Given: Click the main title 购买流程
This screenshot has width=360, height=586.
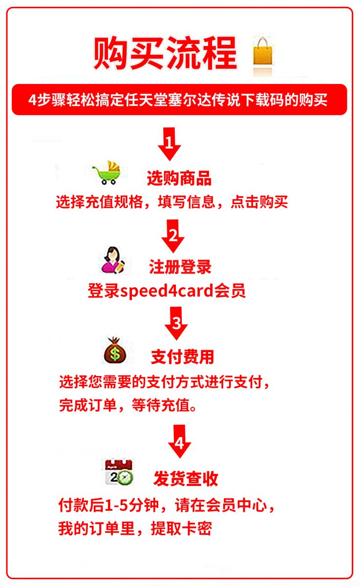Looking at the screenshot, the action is click(x=166, y=53).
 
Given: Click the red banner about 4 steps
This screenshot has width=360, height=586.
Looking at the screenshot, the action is click(x=179, y=100).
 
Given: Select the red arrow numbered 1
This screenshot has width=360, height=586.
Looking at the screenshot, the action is click(x=169, y=144).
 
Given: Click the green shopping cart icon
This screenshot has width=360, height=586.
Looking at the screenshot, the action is click(x=107, y=173).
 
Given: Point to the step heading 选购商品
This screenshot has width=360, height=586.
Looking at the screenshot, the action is click(x=179, y=178).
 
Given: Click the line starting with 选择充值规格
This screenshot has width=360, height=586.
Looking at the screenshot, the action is click(x=172, y=202).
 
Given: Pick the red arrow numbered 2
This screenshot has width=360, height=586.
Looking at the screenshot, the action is click(x=173, y=236).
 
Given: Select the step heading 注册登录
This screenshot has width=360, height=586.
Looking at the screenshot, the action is click(x=180, y=267).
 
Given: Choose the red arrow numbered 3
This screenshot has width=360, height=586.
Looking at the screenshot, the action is click(x=176, y=323).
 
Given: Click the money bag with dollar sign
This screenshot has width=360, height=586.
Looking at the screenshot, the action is click(x=115, y=350).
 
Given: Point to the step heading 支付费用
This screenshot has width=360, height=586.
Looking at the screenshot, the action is click(x=182, y=357).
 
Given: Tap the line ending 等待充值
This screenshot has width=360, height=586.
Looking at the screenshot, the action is click(x=128, y=406).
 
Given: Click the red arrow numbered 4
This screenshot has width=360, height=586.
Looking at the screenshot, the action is click(x=180, y=441).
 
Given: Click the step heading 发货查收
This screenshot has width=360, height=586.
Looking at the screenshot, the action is click(x=186, y=479).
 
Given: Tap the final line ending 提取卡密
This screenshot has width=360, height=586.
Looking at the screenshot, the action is click(x=135, y=529).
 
